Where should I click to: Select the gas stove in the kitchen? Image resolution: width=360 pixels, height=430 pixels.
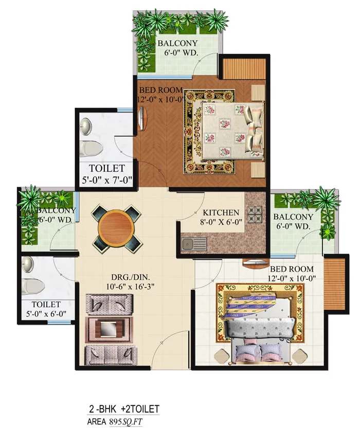255,214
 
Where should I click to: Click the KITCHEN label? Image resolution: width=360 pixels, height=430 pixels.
221,212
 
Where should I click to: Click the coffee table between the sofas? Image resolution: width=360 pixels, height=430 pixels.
109,330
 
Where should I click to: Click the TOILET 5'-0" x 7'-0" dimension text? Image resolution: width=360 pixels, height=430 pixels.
107,180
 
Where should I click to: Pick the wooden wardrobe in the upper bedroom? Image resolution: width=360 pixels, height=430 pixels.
243,68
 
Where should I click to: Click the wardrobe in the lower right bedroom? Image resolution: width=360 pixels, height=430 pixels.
334,284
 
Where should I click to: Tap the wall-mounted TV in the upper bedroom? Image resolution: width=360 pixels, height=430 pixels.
142,118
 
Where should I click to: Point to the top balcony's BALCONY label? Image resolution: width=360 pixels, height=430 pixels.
177,43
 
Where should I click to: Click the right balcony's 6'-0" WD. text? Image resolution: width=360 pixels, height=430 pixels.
293,226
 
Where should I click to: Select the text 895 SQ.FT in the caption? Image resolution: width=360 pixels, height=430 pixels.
126,421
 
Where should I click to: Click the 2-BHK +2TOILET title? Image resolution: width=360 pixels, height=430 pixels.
124,409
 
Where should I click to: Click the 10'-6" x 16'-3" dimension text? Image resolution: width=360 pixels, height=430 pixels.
130,286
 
